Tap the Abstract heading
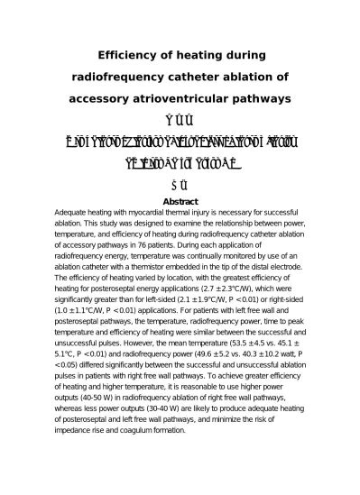click(179, 202)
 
